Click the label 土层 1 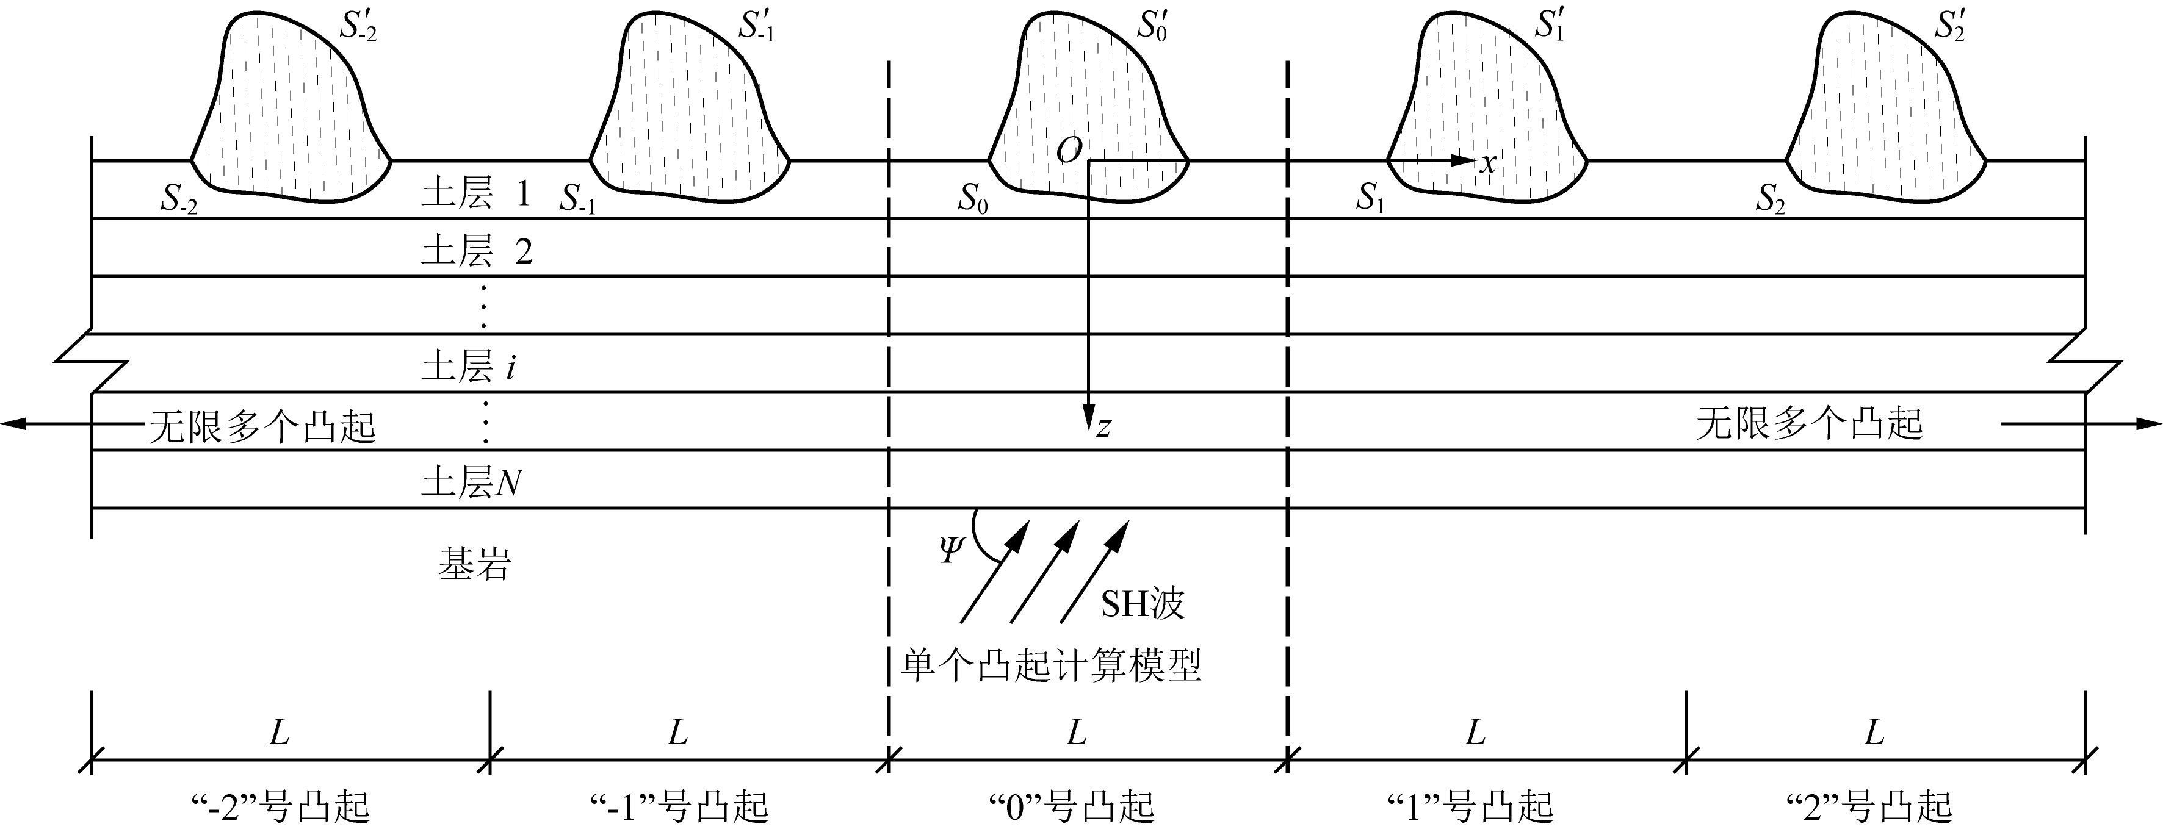476,195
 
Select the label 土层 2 476,251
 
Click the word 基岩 474,565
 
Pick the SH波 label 1143,604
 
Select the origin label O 1069,152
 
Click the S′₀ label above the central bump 1152,27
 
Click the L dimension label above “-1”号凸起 677,734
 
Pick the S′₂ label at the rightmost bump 1950,27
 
